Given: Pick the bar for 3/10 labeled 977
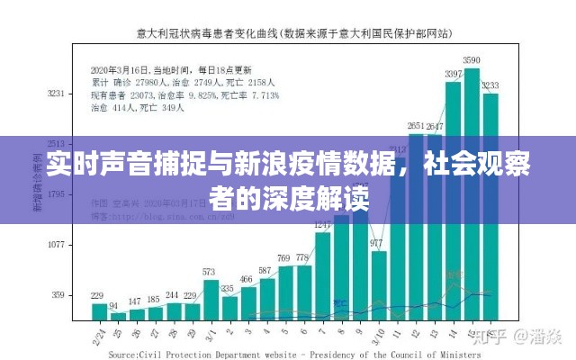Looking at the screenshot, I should [x=379, y=285].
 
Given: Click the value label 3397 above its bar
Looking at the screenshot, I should [x=453, y=73].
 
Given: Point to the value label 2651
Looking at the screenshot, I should [x=416, y=125].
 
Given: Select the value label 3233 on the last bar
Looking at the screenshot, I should [x=490, y=85].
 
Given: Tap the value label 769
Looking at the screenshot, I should [x=284, y=257].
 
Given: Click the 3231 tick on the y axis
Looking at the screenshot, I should [x=56, y=93].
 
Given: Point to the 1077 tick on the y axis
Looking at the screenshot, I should [x=56, y=244].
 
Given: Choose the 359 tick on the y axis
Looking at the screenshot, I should [x=58, y=294].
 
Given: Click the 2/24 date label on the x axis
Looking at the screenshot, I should [x=97, y=337].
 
